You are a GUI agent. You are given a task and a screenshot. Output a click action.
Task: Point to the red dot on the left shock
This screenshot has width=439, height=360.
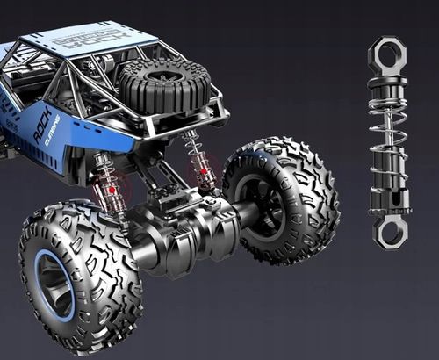(112, 189)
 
